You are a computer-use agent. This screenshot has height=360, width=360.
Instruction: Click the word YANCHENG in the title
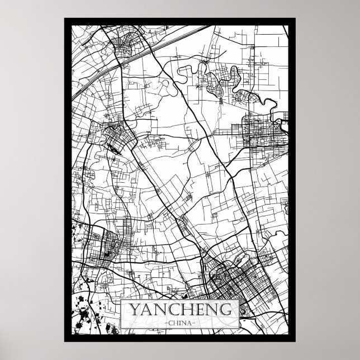pyautogui.click(x=180, y=310)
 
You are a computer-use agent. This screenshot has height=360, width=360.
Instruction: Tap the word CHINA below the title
pyautogui.click(x=180, y=323)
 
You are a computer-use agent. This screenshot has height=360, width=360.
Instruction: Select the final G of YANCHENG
pyautogui.click(x=226, y=310)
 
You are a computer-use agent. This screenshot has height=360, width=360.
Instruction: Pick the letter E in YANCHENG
pyautogui.click(x=199, y=310)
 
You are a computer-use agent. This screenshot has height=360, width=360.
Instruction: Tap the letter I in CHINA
pyautogui.click(x=180, y=323)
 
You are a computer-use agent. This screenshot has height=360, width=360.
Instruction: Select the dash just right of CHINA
pyautogui.click(x=196, y=323)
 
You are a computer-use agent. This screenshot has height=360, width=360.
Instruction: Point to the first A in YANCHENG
pyautogui.click(x=146, y=310)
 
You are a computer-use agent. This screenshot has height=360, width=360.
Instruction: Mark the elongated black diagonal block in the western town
pyautogui.click(x=114, y=148)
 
